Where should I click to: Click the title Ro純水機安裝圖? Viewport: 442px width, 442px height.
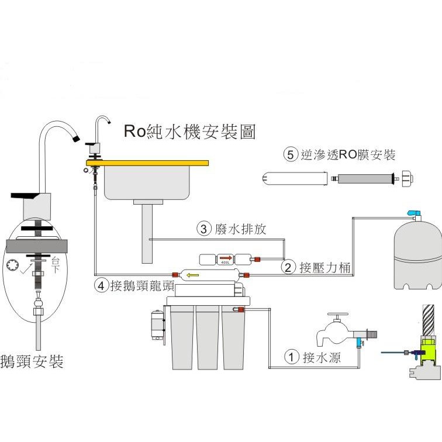coord(189,132)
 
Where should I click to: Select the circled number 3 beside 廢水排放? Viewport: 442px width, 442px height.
coord(203,229)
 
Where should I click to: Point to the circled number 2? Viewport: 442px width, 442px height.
coord(288,268)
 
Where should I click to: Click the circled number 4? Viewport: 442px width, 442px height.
coord(102,286)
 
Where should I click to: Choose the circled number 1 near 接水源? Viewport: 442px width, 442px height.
coord(291,356)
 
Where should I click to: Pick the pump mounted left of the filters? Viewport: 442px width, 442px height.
coord(157,325)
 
